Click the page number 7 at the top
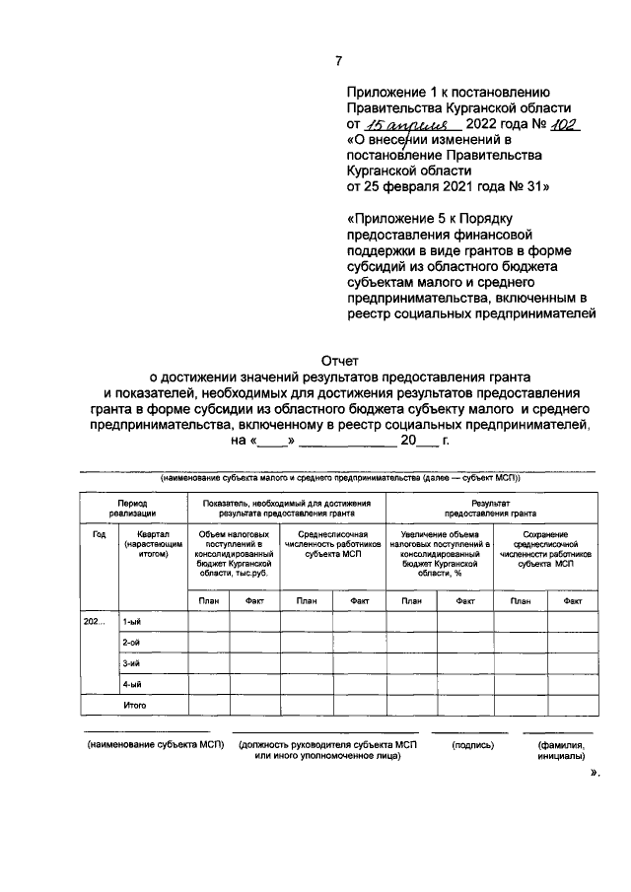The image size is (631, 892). coord(338,61)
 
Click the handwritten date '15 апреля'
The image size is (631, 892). coord(407,124)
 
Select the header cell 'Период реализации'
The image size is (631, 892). coord(132,508)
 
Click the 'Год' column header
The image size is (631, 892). coord(99,534)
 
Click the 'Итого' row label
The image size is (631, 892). coord(134,706)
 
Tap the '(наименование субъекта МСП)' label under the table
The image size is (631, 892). coord(155,745)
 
